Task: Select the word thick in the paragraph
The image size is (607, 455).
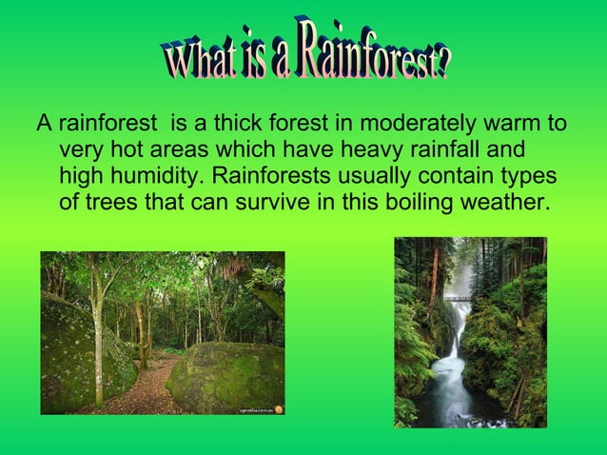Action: pos(210,125)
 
